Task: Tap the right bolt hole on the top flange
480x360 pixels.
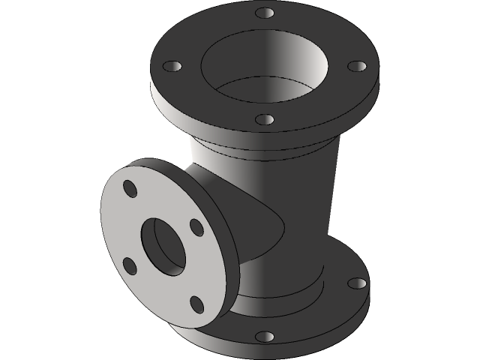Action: pos(356,66)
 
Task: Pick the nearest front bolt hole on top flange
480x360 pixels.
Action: pos(263,119)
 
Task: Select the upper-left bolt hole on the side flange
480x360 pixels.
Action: pos(130,188)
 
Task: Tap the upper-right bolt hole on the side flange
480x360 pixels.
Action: pos(196,226)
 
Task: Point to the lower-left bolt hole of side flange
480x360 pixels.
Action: pos(130,265)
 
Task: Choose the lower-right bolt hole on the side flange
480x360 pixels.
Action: pos(196,303)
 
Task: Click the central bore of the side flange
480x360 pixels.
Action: pos(163,245)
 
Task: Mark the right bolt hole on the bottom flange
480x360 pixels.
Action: pos(358,283)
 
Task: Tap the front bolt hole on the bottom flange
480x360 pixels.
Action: pos(263,337)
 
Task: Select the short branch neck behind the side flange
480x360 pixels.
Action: pos(217,195)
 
